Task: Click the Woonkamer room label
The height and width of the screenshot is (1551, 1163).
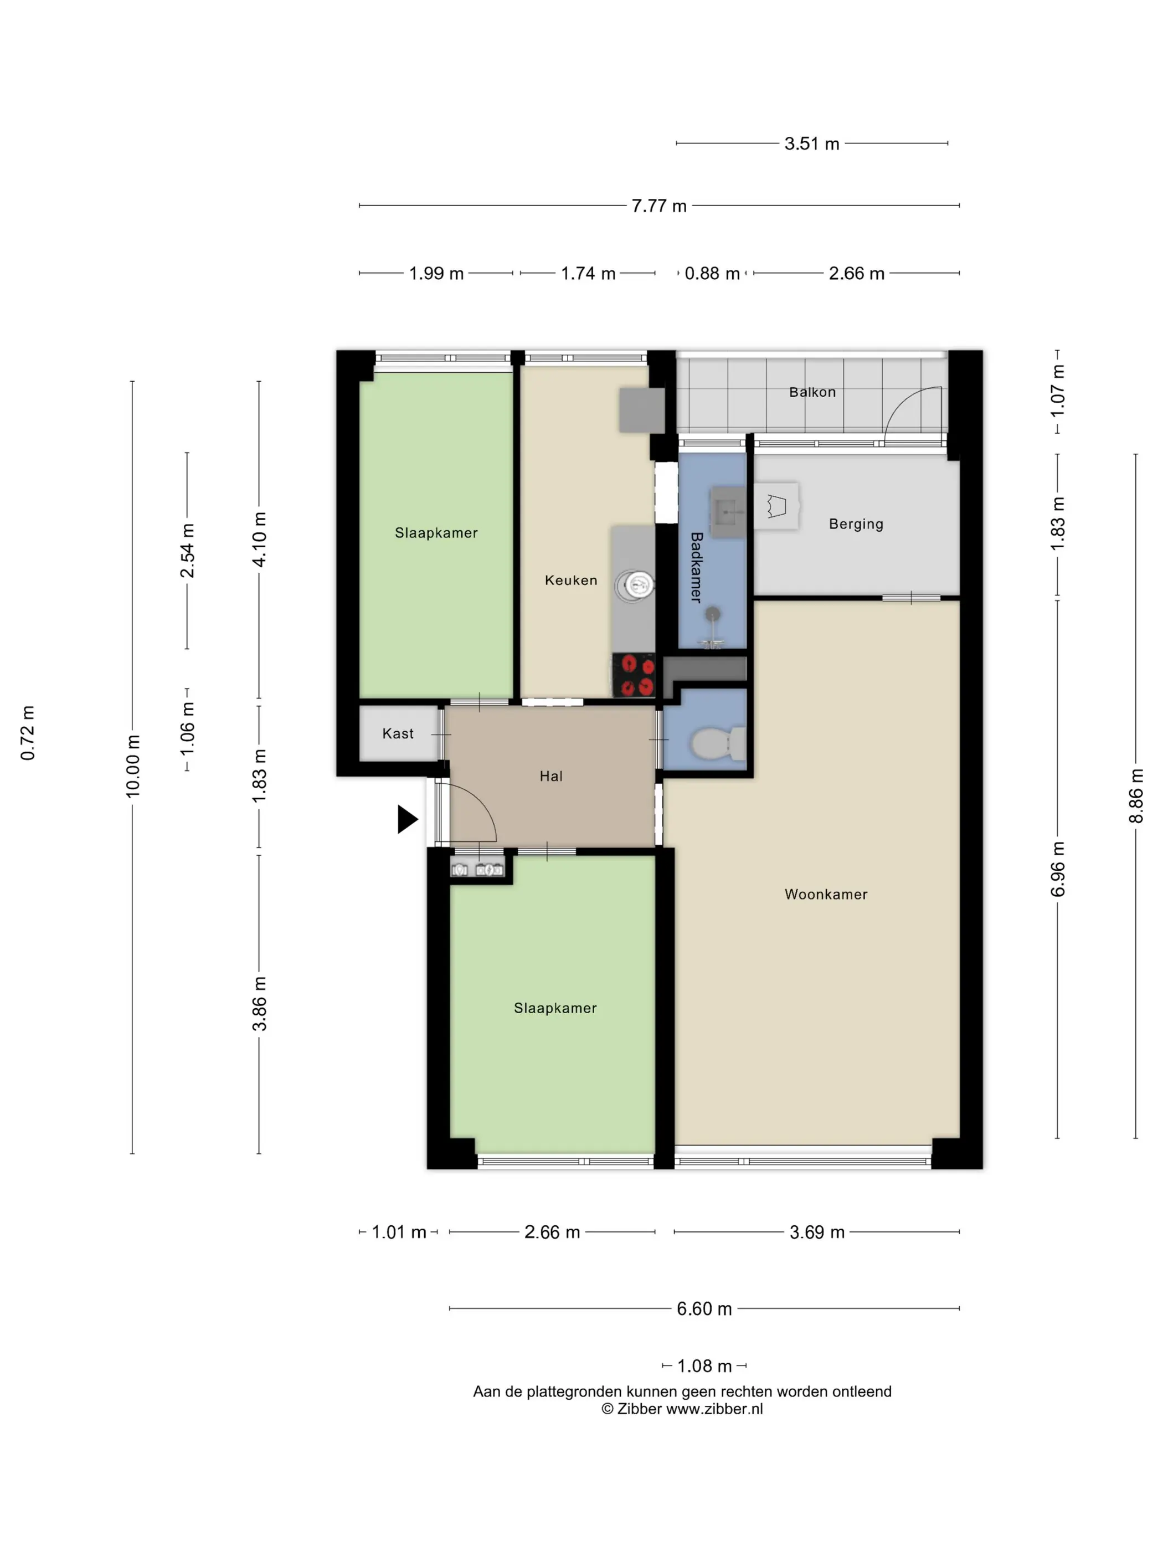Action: point(826,894)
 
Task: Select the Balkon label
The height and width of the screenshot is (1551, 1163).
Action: point(812,392)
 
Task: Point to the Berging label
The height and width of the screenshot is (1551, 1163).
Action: point(856,524)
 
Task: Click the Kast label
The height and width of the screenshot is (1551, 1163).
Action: point(398,733)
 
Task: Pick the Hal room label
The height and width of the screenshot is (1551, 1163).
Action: point(551,775)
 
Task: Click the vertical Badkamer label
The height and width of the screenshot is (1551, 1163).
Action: point(696,567)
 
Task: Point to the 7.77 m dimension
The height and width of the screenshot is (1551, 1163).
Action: point(659,206)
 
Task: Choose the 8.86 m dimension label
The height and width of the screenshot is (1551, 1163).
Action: point(1136,796)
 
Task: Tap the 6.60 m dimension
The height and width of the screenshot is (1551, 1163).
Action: point(704,1308)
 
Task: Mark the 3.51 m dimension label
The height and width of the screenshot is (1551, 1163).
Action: point(812,143)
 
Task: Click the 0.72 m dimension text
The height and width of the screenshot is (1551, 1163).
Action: point(27,733)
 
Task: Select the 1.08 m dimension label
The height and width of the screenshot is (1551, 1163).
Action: point(704,1366)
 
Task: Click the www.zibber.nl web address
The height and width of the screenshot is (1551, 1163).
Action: point(714,1409)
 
